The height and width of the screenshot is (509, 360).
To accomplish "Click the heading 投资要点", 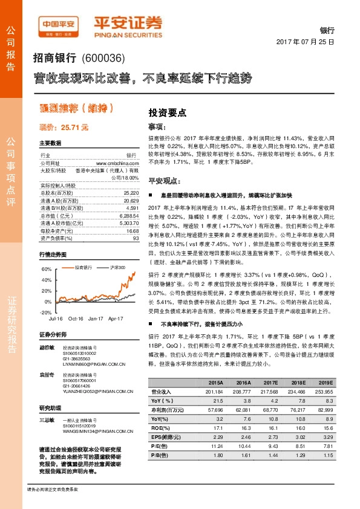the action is click(x=167, y=112).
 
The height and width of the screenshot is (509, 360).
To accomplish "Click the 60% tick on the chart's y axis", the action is click(x=45, y=268).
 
